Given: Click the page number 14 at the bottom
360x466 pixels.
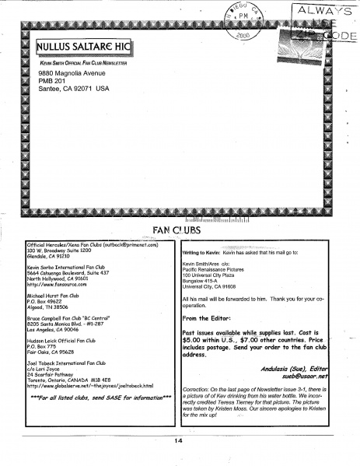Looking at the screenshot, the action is (180, 440).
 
